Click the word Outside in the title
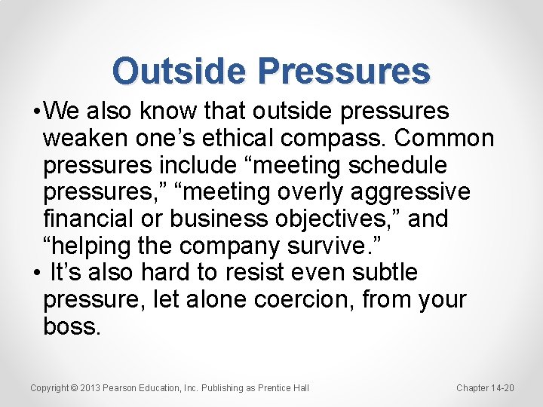click(x=179, y=72)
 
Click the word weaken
click(x=88, y=139)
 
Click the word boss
click(x=71, y=326)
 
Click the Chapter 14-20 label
click(x=485, y=388)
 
